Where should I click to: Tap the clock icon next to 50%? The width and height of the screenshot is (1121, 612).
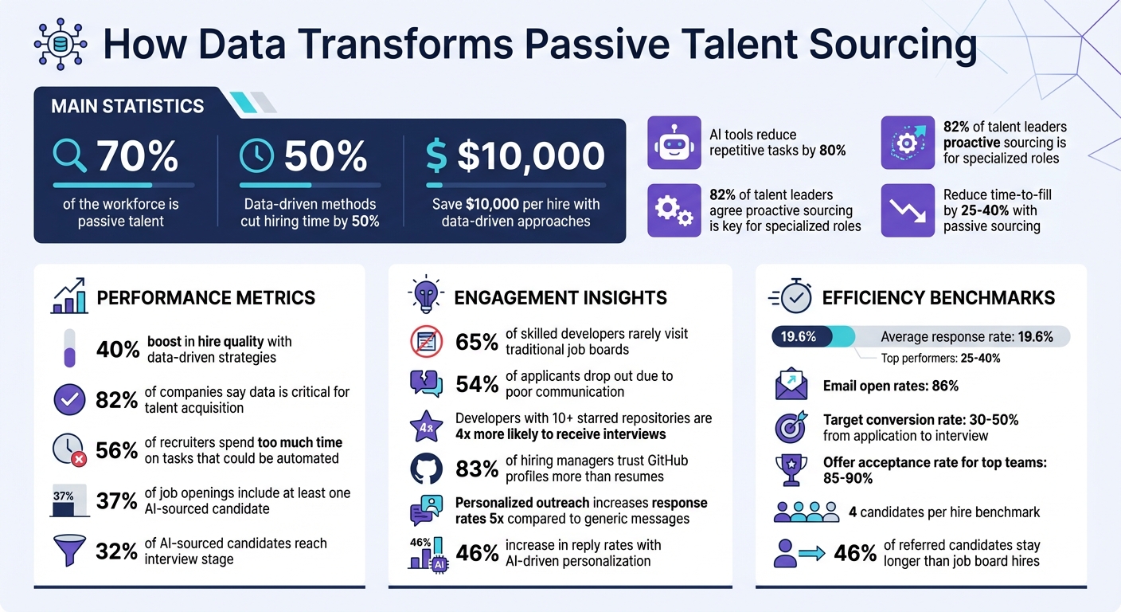256,156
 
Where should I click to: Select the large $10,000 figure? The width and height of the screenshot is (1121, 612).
530,156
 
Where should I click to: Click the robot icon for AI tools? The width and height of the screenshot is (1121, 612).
674,143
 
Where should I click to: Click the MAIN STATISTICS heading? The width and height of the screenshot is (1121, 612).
127,106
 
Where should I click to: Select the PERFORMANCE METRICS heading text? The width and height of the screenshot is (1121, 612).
205,298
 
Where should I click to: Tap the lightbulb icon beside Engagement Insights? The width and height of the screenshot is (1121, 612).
425,295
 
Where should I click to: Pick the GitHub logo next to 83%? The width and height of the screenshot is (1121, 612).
426,469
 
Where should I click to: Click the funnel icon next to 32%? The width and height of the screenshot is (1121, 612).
69,551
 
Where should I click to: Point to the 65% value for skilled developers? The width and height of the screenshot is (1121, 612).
477,342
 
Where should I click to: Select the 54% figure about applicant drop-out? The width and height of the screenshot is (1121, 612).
477,384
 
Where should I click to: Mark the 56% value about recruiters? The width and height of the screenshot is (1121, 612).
117,450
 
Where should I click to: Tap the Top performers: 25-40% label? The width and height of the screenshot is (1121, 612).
940,359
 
